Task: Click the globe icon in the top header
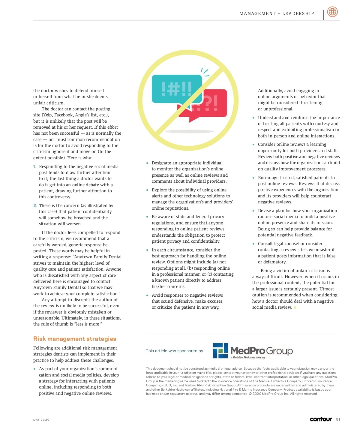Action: click(x=332, y=12)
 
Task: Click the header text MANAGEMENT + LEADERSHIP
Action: click(x=277, y=13)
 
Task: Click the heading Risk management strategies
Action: click(x=75, y=339)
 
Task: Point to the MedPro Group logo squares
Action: click(x=220, y=350)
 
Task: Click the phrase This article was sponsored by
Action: click(x=174, y=351)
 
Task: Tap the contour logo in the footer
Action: click(x=321, y=419)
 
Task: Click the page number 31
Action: click(x=338, y=419)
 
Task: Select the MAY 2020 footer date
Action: click(x=41, y=420)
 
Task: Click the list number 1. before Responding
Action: click(x=35, y=166)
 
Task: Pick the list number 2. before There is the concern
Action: click(x=35, y=205)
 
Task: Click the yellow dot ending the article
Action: click(x=295, y=307)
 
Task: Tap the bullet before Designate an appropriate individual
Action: click(x=147, y=163)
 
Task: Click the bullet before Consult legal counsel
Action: click(x=253, y=244)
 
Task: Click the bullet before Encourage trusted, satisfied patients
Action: click(x=253, y=178)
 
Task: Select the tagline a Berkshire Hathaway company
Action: click(x=248, y=357)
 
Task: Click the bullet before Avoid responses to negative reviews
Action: click(x=147, y=295)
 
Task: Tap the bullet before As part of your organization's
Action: click(x=35, y=369)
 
